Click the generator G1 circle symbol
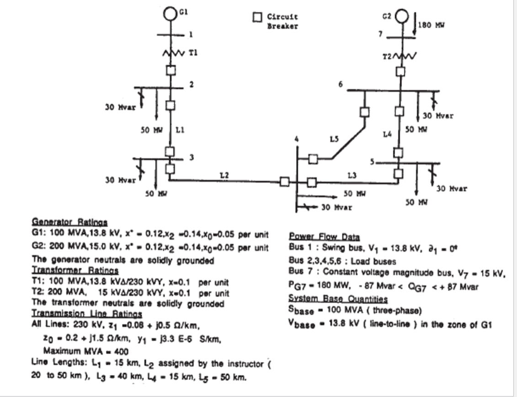click(170, 12)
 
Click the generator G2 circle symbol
click(401, 16)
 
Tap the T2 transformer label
click(386, 57)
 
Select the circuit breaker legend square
click(257, 17)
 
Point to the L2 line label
click(224, 174)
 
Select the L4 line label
click(388, 134)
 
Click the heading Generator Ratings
click(69, 222)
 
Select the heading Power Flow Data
click(324, 237)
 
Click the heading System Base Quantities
click(338, 299)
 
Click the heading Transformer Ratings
click(75, 271)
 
